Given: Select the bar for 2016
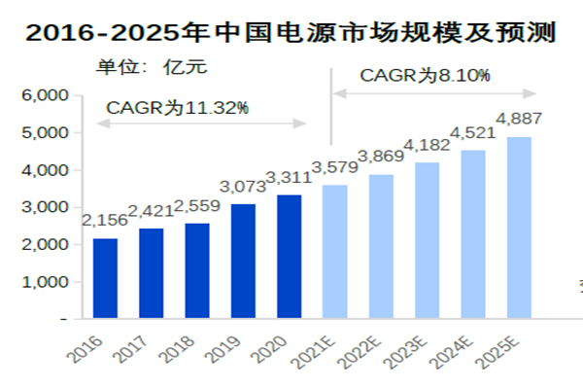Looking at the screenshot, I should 105,278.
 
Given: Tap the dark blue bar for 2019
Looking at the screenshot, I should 243,261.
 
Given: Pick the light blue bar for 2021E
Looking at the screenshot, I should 334,251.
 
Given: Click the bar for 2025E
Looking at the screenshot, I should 519,228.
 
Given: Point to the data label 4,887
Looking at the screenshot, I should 519,120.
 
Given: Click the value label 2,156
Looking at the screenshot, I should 105,222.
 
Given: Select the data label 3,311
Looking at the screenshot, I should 289,178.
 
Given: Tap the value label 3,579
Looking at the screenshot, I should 335,167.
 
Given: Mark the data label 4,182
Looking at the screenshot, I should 428,145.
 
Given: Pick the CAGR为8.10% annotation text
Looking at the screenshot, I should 425,75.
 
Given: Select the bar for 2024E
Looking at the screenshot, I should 473,234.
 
